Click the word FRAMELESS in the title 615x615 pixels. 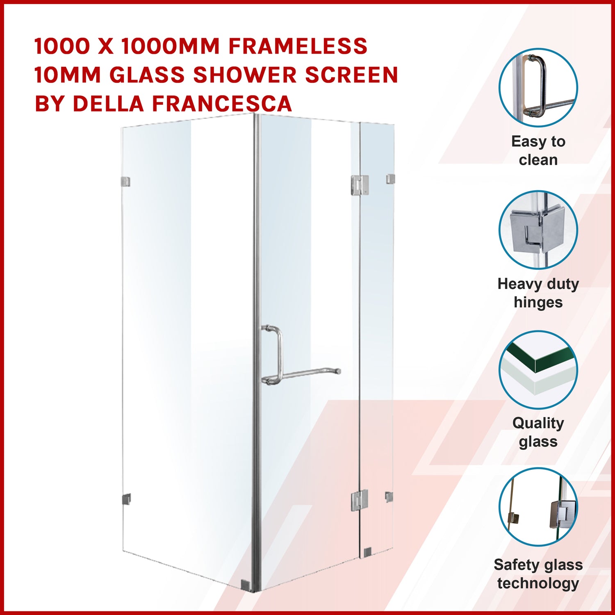coord(298,46)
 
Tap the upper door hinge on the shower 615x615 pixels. coord(360,185)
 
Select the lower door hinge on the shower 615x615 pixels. coord(359,501)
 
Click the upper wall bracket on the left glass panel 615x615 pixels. coord(125,182)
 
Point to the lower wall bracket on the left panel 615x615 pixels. coord(126,499)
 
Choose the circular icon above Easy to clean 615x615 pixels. coord(538,87)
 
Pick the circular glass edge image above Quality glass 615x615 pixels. coord(538,370)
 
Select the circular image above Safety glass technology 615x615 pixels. coord(538,507)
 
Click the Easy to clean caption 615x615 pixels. coord(538,150)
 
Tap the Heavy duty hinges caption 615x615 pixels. coord(538,293)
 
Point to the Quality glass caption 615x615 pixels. coord(538,432)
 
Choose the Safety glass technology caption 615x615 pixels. coord(538,574)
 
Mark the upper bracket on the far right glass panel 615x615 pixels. coord(390,179)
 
